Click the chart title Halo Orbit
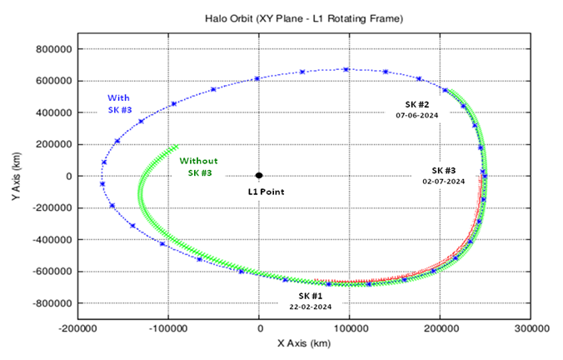301,17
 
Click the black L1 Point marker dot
259,175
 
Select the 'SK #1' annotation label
311,295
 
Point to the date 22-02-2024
311,307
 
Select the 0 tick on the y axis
69,176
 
